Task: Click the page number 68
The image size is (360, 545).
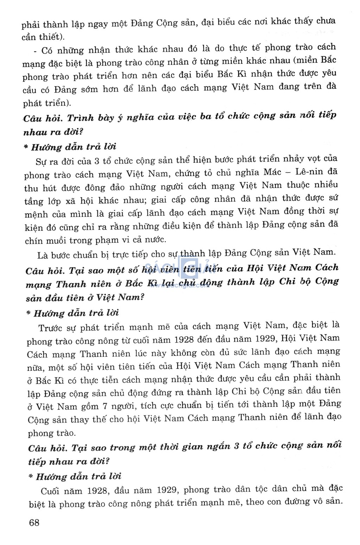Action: tap(34, 523)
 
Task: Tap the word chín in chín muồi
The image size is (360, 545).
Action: tap(33, 241)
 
